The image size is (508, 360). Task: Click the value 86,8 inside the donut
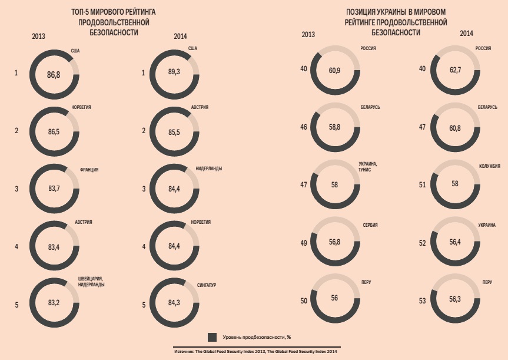pos(54,74)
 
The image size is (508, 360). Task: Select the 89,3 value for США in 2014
pos(174,72)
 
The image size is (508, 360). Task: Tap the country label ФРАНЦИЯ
pos(89,170)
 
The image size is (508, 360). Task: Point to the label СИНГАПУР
pos(207,285)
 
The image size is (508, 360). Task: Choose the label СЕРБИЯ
pos(370,225)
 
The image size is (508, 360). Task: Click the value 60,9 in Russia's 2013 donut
pos(334,71)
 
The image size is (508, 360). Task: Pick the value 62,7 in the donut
pos(455,71)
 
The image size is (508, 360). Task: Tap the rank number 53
pos(423,301)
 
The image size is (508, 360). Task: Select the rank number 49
pos(304,243)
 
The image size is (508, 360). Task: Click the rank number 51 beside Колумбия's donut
pos(423,185)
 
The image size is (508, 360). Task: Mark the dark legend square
pos(213,337)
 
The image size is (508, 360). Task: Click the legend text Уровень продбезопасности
pos(257,338)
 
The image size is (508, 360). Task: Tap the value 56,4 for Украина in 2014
pos(455,241)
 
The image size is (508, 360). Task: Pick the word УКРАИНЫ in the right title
pos(398,12)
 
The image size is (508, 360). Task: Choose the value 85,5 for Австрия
pos(174,132)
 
